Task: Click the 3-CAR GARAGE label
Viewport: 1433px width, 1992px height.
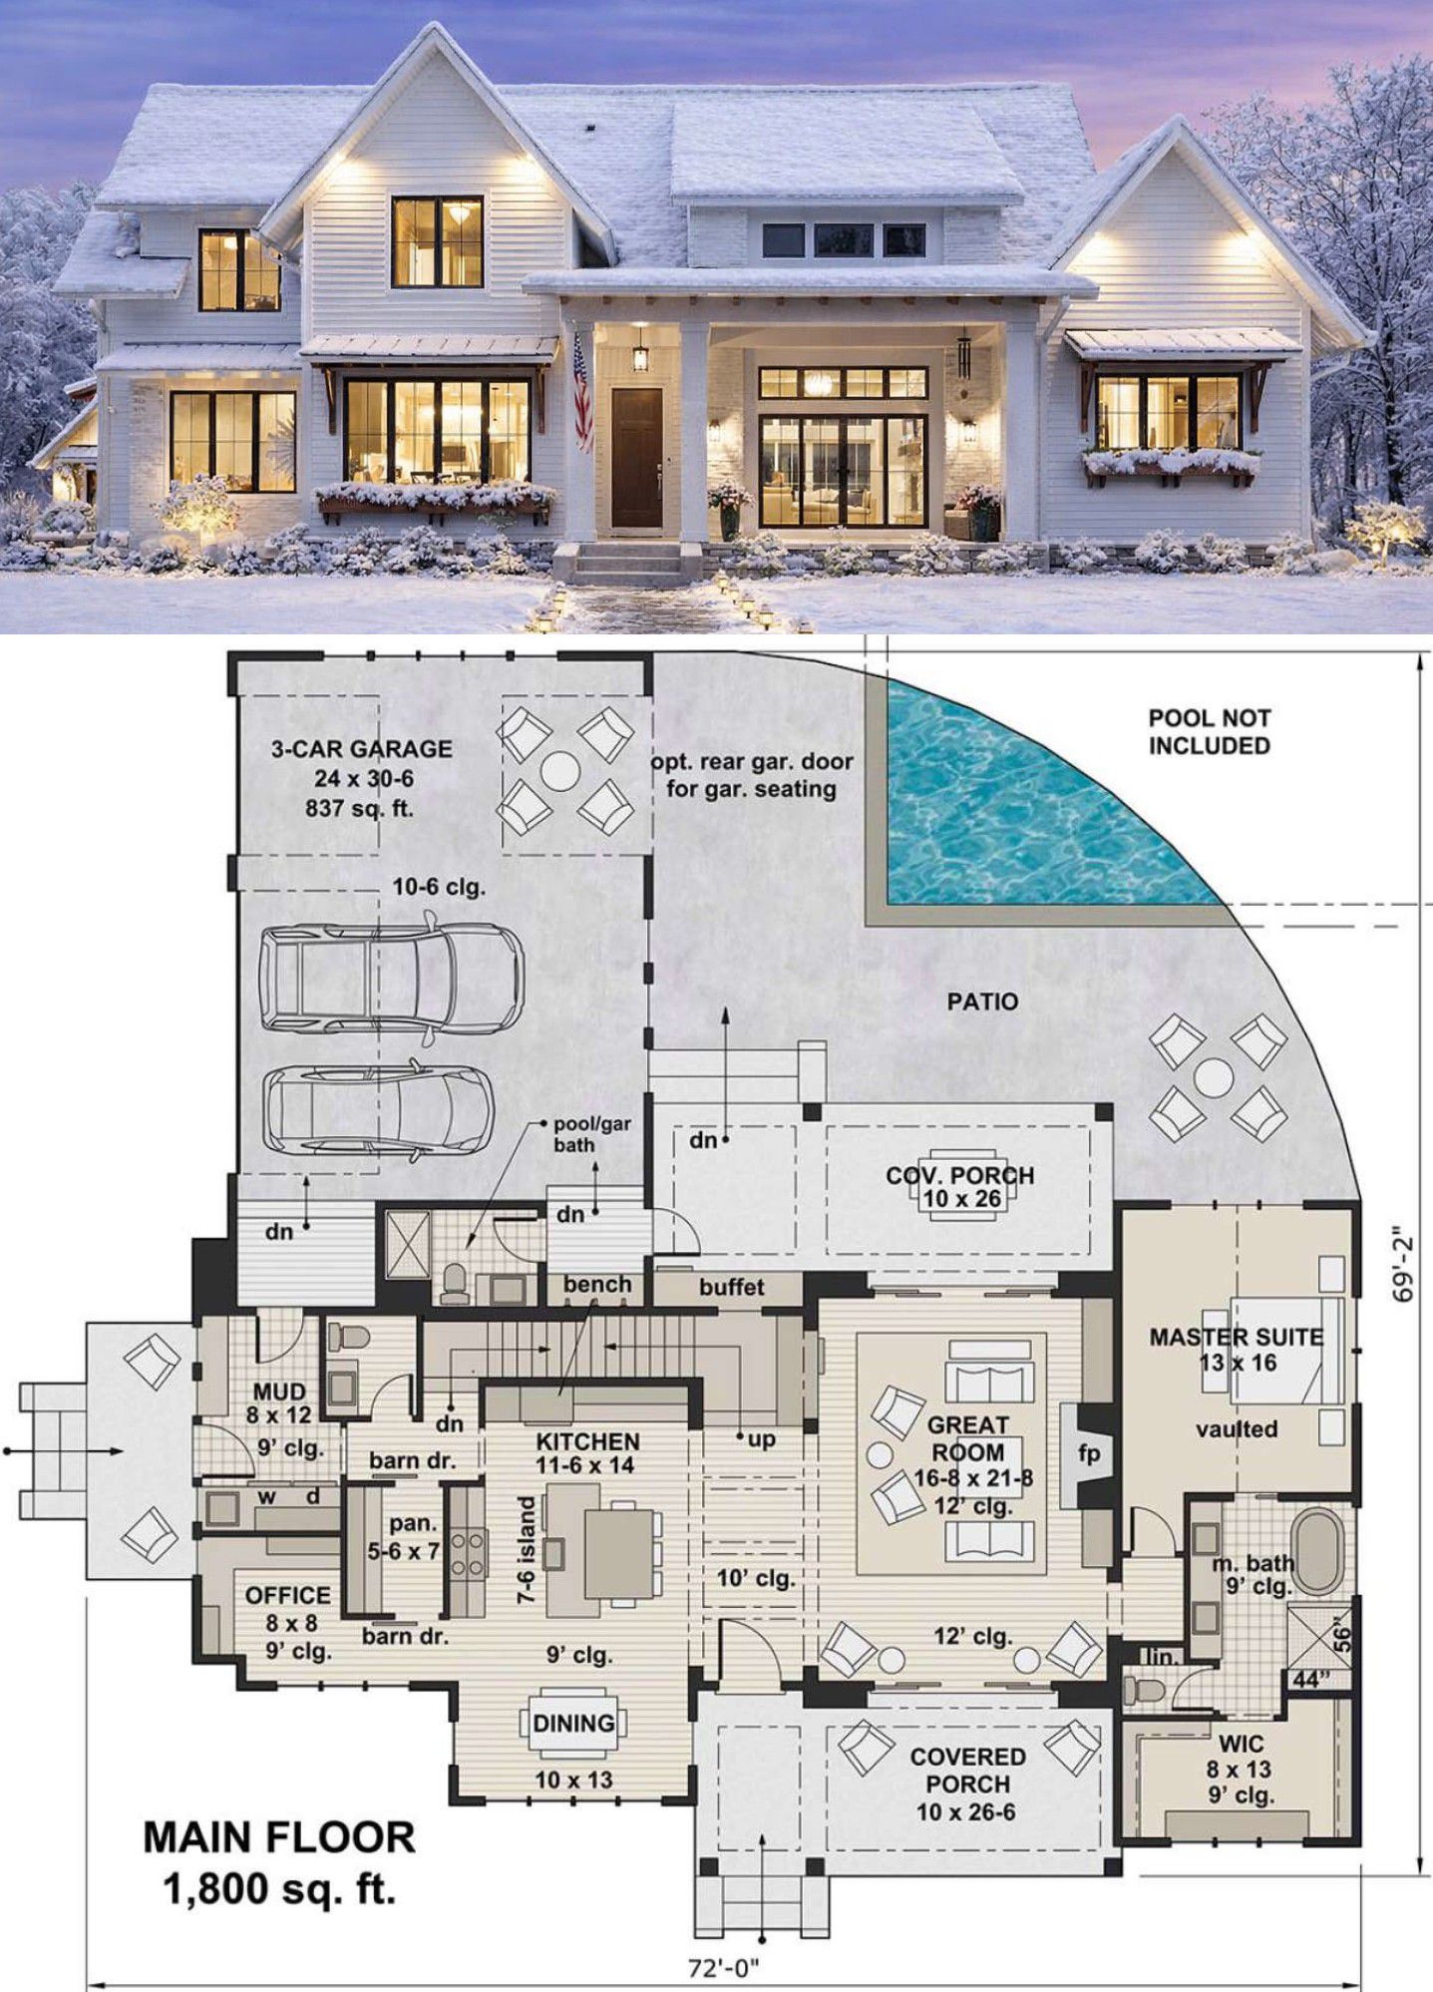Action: pyautogui.click(x=361, y=749)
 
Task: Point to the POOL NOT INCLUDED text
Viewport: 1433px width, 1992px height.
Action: pyautogui.click(x=1209, y=731)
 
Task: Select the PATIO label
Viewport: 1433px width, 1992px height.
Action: pyautogui.click(x=982, y=1001)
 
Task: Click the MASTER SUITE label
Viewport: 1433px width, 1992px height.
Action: pyautogui.click(x=1237, y=1337)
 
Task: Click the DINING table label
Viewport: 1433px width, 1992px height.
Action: pyautogui.click(x=573, y=1723)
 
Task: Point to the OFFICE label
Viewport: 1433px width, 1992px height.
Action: pyautogui.click(x=288, y=1596)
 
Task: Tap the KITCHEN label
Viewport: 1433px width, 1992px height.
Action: pyautogui.click(x=588, y=1441)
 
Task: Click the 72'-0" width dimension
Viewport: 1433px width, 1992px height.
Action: pyautogui.click(x=724, y=1968)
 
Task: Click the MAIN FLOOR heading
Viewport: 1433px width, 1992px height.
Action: pyautogui.click(x=279, y=1836)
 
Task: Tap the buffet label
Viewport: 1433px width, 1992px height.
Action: pyautogui.click(x=732, y=1287)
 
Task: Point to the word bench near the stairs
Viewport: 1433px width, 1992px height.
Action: pyautogui.click(x=597, y=1285)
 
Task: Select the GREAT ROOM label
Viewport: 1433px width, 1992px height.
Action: pyautogui.click(x=968, y=1438)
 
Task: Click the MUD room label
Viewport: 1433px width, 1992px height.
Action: pyautogui.click(x=279, y=1391)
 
